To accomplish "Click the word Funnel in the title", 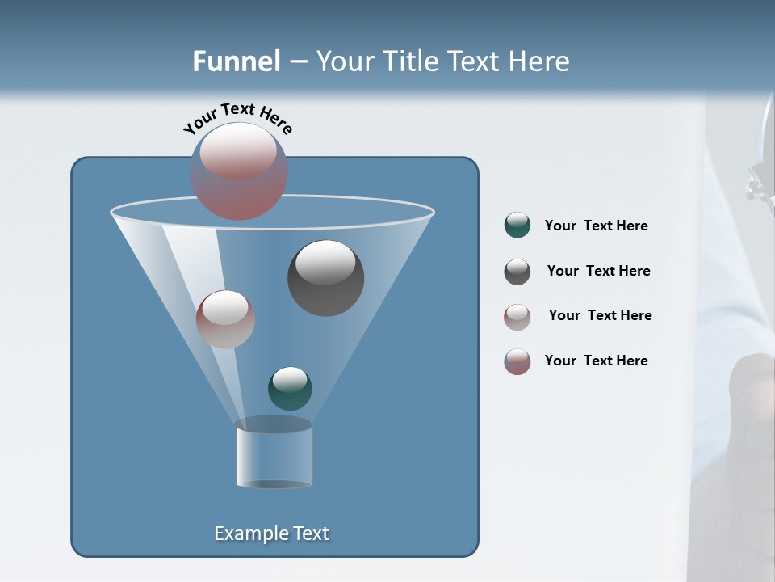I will tap(236, 61).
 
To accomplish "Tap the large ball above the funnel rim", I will tap(239, 171).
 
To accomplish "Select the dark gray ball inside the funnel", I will tap(325, 278).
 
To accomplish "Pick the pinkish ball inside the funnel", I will tap(225, 319).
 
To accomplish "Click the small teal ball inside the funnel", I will tap(290, 389).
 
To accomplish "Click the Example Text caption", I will tap(271, 533).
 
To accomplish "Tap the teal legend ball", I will tap(517, 226).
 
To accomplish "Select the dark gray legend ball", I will tap(517, 272).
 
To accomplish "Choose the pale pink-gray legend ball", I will tap(517, 317).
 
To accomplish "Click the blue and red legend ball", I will tap(517, 361).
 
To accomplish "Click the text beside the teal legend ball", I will tap(596, 226).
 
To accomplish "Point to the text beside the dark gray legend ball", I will tap(598, 272).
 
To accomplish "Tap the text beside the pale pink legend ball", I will tap(600, 316).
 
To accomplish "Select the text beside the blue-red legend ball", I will tap(596, 361).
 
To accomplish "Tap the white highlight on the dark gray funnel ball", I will tap(325, 263).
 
